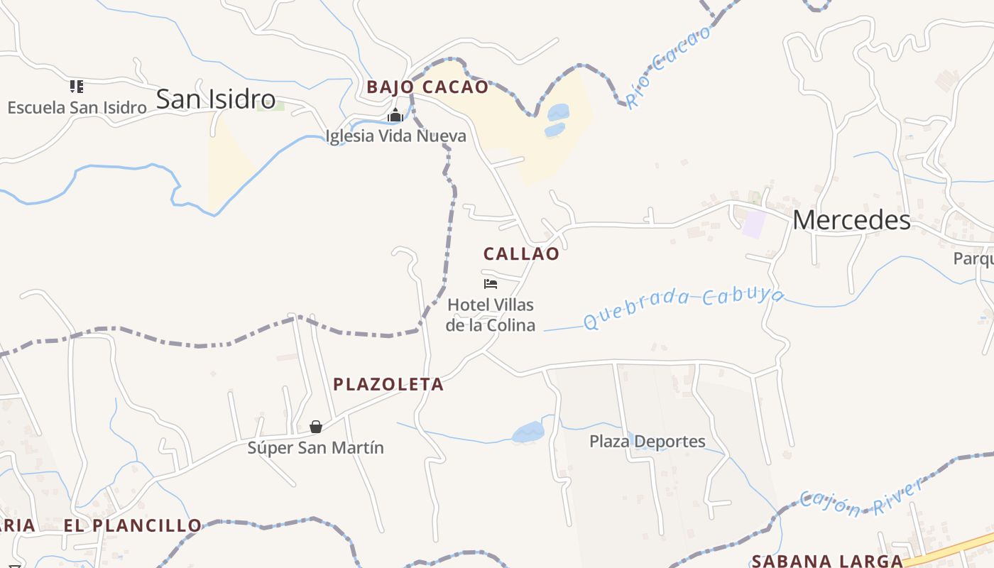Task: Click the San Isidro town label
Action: [x=215, y=99]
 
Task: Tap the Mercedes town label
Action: [x=851, y=220]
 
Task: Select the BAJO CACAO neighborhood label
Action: [x=427, y=87]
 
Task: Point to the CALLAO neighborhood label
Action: [x=521, y=254]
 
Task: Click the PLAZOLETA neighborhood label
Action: [x=388, y=385]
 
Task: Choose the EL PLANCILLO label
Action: [x=133, y=526]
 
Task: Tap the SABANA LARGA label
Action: [x=827, y=560]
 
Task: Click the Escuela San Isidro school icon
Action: [x=77, y=87]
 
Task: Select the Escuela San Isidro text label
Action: [x=77, y=108]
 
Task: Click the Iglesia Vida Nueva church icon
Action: [x=395, y=116]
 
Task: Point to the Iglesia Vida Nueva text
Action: [x=395, y=136]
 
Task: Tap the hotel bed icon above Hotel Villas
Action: [x=490, y=284]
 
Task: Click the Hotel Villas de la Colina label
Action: [x=491, y=315]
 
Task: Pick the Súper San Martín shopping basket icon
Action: [x=316, y=427]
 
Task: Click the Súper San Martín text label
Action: [x=315, y=448]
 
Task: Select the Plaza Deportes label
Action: [x=648, y=442]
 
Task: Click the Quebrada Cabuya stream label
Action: [x=683, y=307]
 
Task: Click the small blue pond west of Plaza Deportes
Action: [x=528, y=431]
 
